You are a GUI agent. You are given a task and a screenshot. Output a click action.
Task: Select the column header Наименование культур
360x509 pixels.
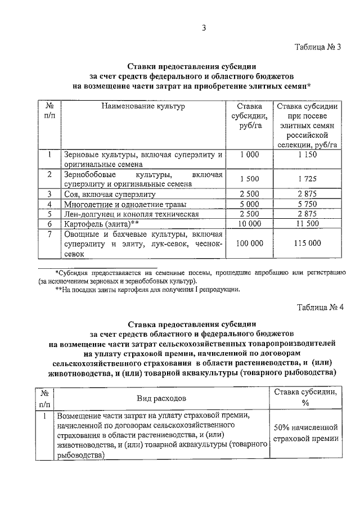click(x=143, y=106)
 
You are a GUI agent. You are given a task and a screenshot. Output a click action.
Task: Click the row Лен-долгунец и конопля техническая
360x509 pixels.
click(x=132, y=214)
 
